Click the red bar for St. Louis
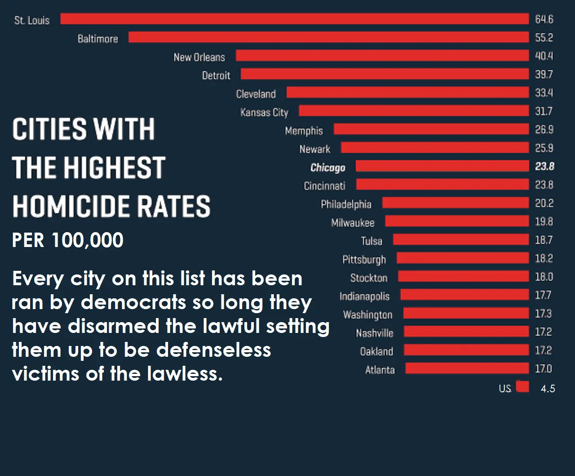295,19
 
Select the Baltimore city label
97,39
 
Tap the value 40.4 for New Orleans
544,56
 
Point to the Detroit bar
385,74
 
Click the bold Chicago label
327,168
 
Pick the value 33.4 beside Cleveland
544,93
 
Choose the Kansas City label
264,112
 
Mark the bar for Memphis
431,129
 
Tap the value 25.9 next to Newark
544,148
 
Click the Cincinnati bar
442,184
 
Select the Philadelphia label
346,205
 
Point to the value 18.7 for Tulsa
544,240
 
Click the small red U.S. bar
522,387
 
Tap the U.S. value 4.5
548,389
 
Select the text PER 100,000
67,240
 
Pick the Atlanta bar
467,368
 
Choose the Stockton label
369,278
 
